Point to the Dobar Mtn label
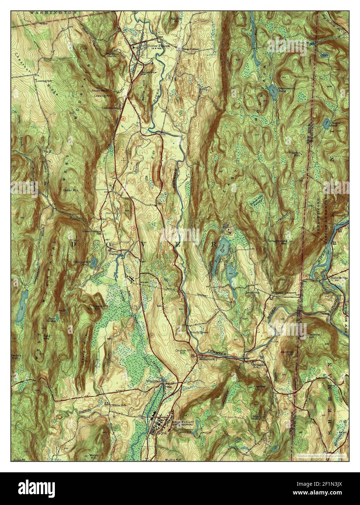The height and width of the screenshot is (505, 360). pos(77,190)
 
